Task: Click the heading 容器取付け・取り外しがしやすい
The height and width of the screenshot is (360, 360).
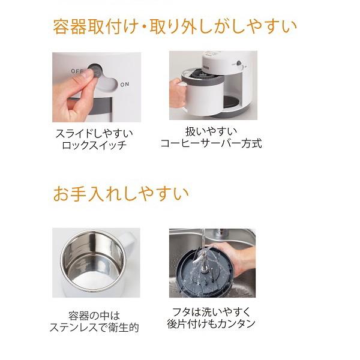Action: tap(175, 26)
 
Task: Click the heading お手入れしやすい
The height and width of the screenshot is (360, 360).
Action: tap(121, 194)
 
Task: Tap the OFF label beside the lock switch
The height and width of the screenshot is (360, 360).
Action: tap(77, 71)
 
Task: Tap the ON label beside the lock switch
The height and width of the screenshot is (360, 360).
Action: tap(124, 85)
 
